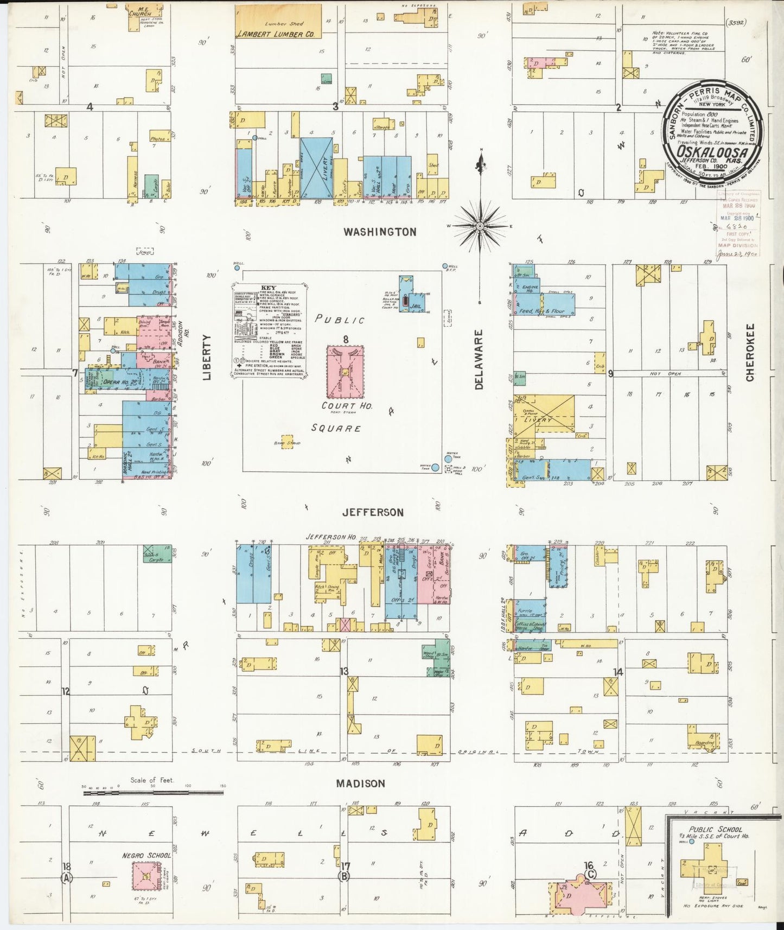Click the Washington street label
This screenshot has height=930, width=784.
pos(380,232)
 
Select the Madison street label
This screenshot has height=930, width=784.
pos(360,784)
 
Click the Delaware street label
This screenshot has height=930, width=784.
pos(479,359)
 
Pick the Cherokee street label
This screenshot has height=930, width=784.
pos(750,353)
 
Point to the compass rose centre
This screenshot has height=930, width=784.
pos(480,225)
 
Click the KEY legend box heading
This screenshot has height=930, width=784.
pos(269,288)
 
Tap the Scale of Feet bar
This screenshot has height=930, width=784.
pos(152,793)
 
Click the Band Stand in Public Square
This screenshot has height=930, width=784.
pos(287,441)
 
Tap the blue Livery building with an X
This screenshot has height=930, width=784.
pos(316,168)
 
